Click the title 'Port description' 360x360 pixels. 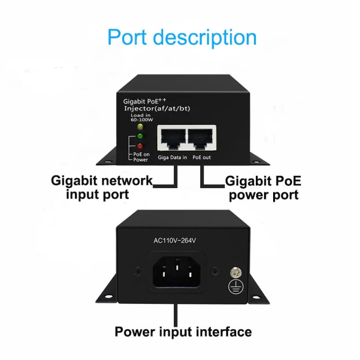coord(181,37)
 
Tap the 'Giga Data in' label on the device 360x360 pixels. coord(171,157)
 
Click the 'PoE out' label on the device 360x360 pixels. coord(202,157)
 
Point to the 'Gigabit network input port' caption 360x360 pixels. coord(102,188)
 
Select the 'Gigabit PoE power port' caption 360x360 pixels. coord(264,188)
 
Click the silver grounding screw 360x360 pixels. coord(237,272)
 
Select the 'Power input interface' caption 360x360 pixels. coord(183,332)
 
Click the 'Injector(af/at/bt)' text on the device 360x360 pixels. coord(157,108)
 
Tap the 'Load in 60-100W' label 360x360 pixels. coord(140,117)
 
